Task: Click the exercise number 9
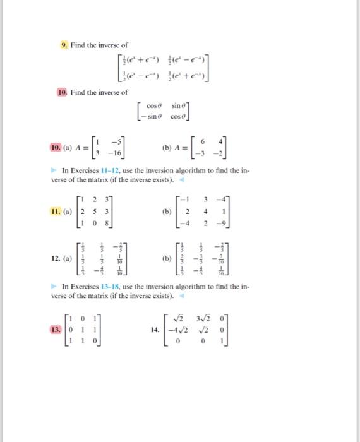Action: point(64,45)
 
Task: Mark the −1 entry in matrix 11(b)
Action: point(184,200)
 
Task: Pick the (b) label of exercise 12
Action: point(167,258)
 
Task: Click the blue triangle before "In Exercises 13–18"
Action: point(56,287)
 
